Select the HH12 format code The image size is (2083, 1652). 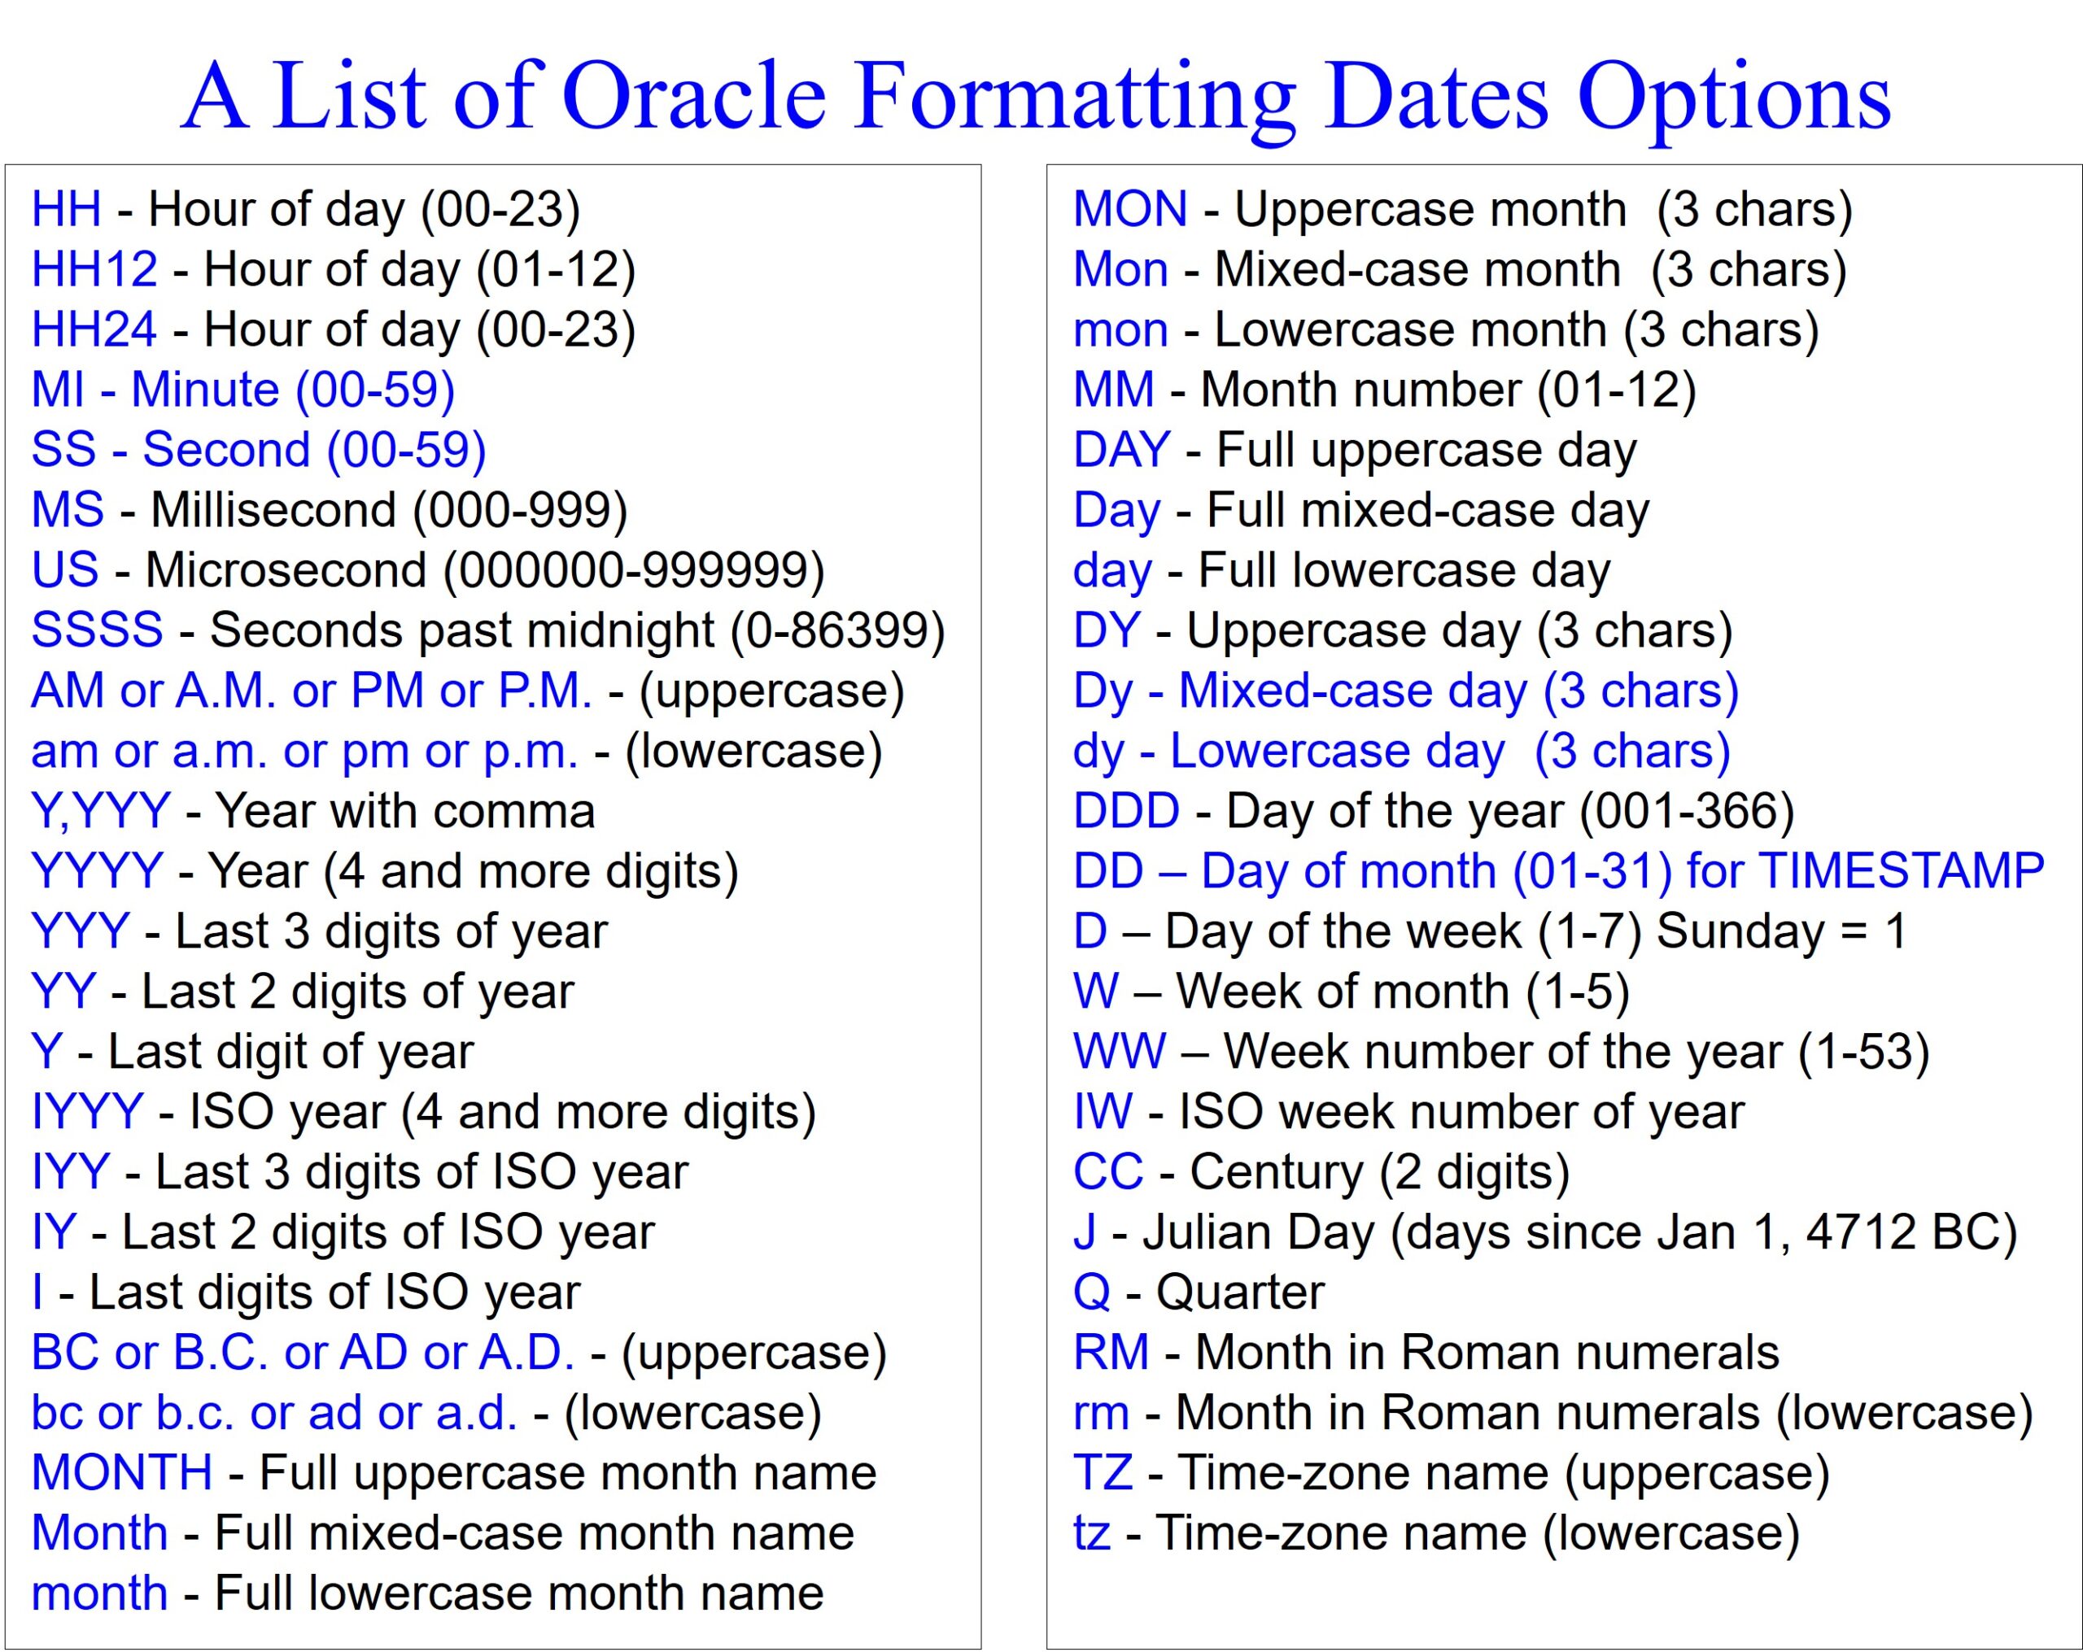(94, 269)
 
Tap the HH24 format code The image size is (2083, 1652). (94, 329)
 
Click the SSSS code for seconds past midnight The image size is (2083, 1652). (97, 630)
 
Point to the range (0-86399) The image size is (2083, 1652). (836, 630)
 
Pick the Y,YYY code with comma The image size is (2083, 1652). (100, 810)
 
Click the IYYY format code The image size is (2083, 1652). (87, 1111)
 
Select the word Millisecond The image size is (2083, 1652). (273, 510)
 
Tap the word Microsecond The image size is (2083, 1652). (285, 570)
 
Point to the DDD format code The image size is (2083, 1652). (1125, 810)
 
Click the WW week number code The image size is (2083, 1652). (1119, 1051)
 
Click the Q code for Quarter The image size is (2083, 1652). (1091, 1292)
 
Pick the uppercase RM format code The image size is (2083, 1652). (1110, 1352)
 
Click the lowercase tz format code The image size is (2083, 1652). (1091, 1532)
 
